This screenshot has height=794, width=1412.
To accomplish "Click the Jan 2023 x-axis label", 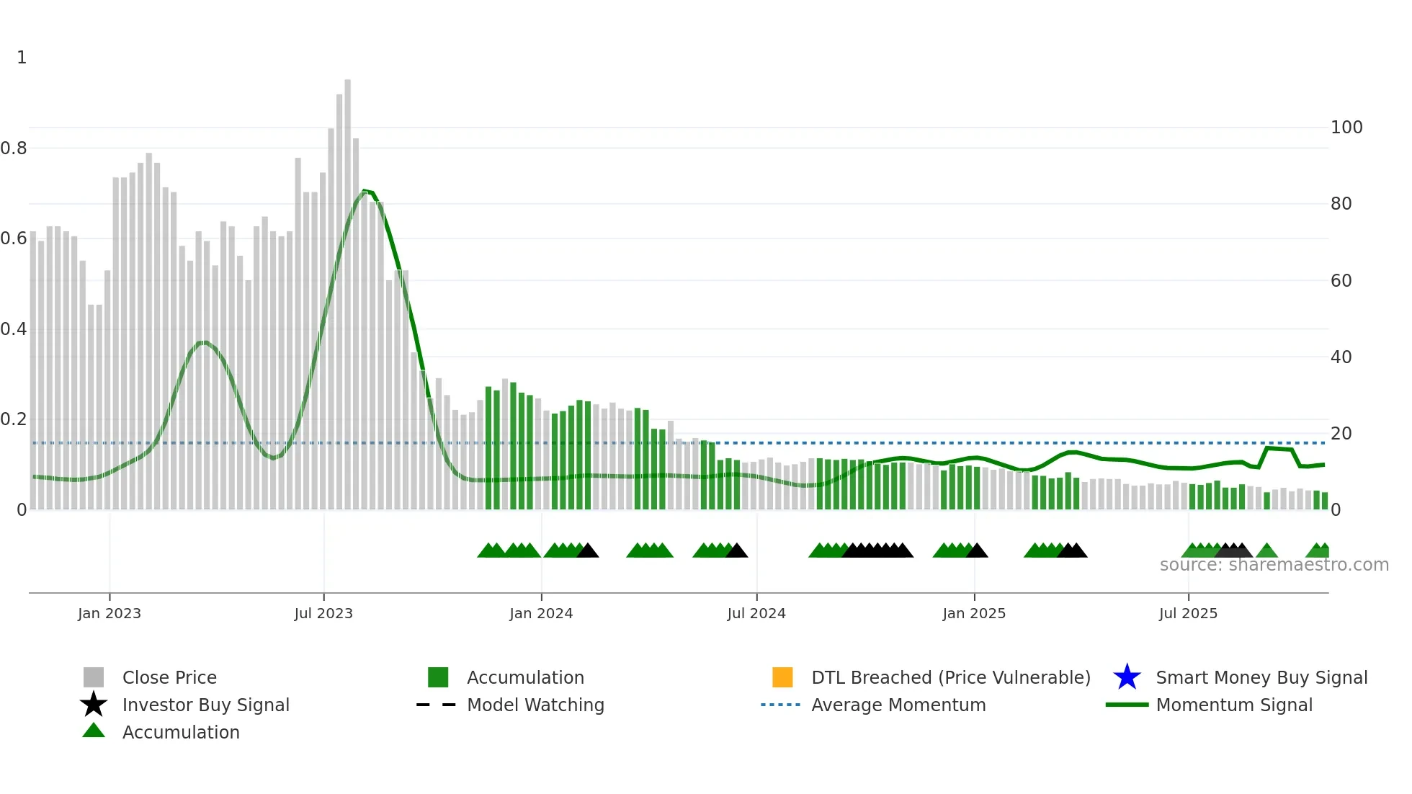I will (x=110, y=613).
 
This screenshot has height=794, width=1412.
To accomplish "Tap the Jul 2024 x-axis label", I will (x=756, y=613).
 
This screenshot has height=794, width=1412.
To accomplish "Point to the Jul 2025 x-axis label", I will (x=1188, y=613).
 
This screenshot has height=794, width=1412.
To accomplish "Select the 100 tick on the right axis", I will (x=1346, y=128).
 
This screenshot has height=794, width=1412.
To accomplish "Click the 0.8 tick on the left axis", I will (x=14, y=148).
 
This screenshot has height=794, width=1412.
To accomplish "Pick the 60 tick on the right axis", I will (x=1341, y=281).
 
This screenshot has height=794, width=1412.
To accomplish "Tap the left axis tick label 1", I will (x=22, y=58).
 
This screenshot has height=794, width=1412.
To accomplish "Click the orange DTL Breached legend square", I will (x=782, y=677).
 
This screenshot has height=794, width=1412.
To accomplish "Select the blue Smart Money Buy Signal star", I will (x=1127, y=677).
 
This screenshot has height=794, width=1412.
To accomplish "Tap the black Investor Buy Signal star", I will (x=94, y=705).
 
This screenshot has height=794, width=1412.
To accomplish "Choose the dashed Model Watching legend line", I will (x=437, y=705).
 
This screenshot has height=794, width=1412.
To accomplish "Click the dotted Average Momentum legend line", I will (x=781, y=705).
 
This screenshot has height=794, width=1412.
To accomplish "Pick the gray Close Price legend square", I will (x=94, y=677).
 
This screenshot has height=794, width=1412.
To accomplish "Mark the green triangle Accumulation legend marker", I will (x=94, y=731).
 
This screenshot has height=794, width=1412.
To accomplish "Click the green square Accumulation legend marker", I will (x=438, y=677).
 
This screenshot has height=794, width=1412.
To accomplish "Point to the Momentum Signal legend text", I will (x=1234, y=705).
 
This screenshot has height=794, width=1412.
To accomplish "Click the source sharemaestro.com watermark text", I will (x=1274, y=565).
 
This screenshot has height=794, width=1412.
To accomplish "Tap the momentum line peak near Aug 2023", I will (x=365, y=191).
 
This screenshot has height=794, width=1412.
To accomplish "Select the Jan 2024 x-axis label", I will (x=541, y=613).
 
